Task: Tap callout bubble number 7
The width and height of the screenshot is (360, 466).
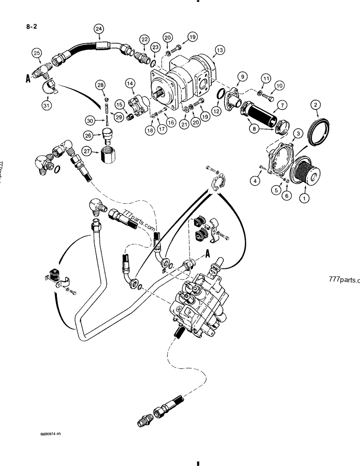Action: [x=279, y=86]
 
